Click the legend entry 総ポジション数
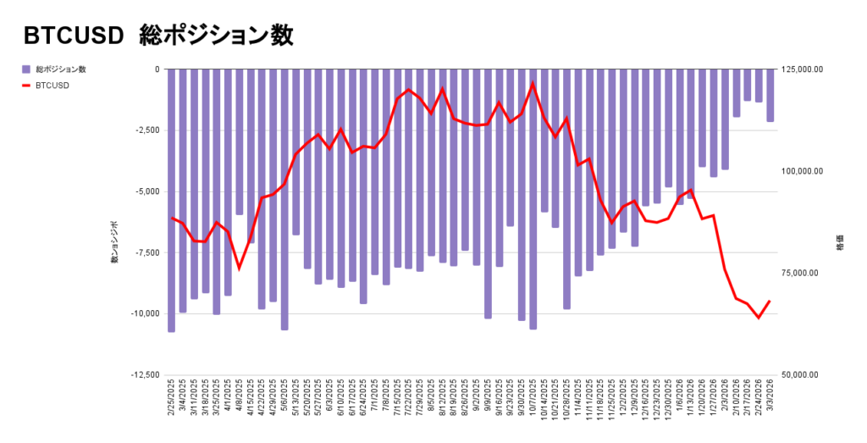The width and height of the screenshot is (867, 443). tap(60, 69)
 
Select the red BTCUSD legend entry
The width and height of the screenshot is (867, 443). tap(52, 86)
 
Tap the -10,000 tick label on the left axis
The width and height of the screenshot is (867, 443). tap(146, 313)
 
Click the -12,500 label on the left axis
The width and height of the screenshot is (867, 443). tap(146, 374)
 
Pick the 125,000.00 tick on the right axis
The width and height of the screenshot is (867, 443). tap(801, 69)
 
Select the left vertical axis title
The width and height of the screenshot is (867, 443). tap(113, 241)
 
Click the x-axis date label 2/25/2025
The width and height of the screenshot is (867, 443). tap(172, 398)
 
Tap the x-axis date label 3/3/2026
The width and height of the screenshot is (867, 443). tap(770, 398)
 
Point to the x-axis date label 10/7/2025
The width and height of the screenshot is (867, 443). tap(533, 398)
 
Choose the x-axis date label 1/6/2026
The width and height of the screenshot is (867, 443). tap(680, 398)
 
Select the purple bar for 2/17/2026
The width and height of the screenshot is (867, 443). tap(748, 85)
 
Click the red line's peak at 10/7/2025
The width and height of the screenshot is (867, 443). tap(533, 83)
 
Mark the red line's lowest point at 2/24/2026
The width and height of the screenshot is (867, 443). tap(759, 318)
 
